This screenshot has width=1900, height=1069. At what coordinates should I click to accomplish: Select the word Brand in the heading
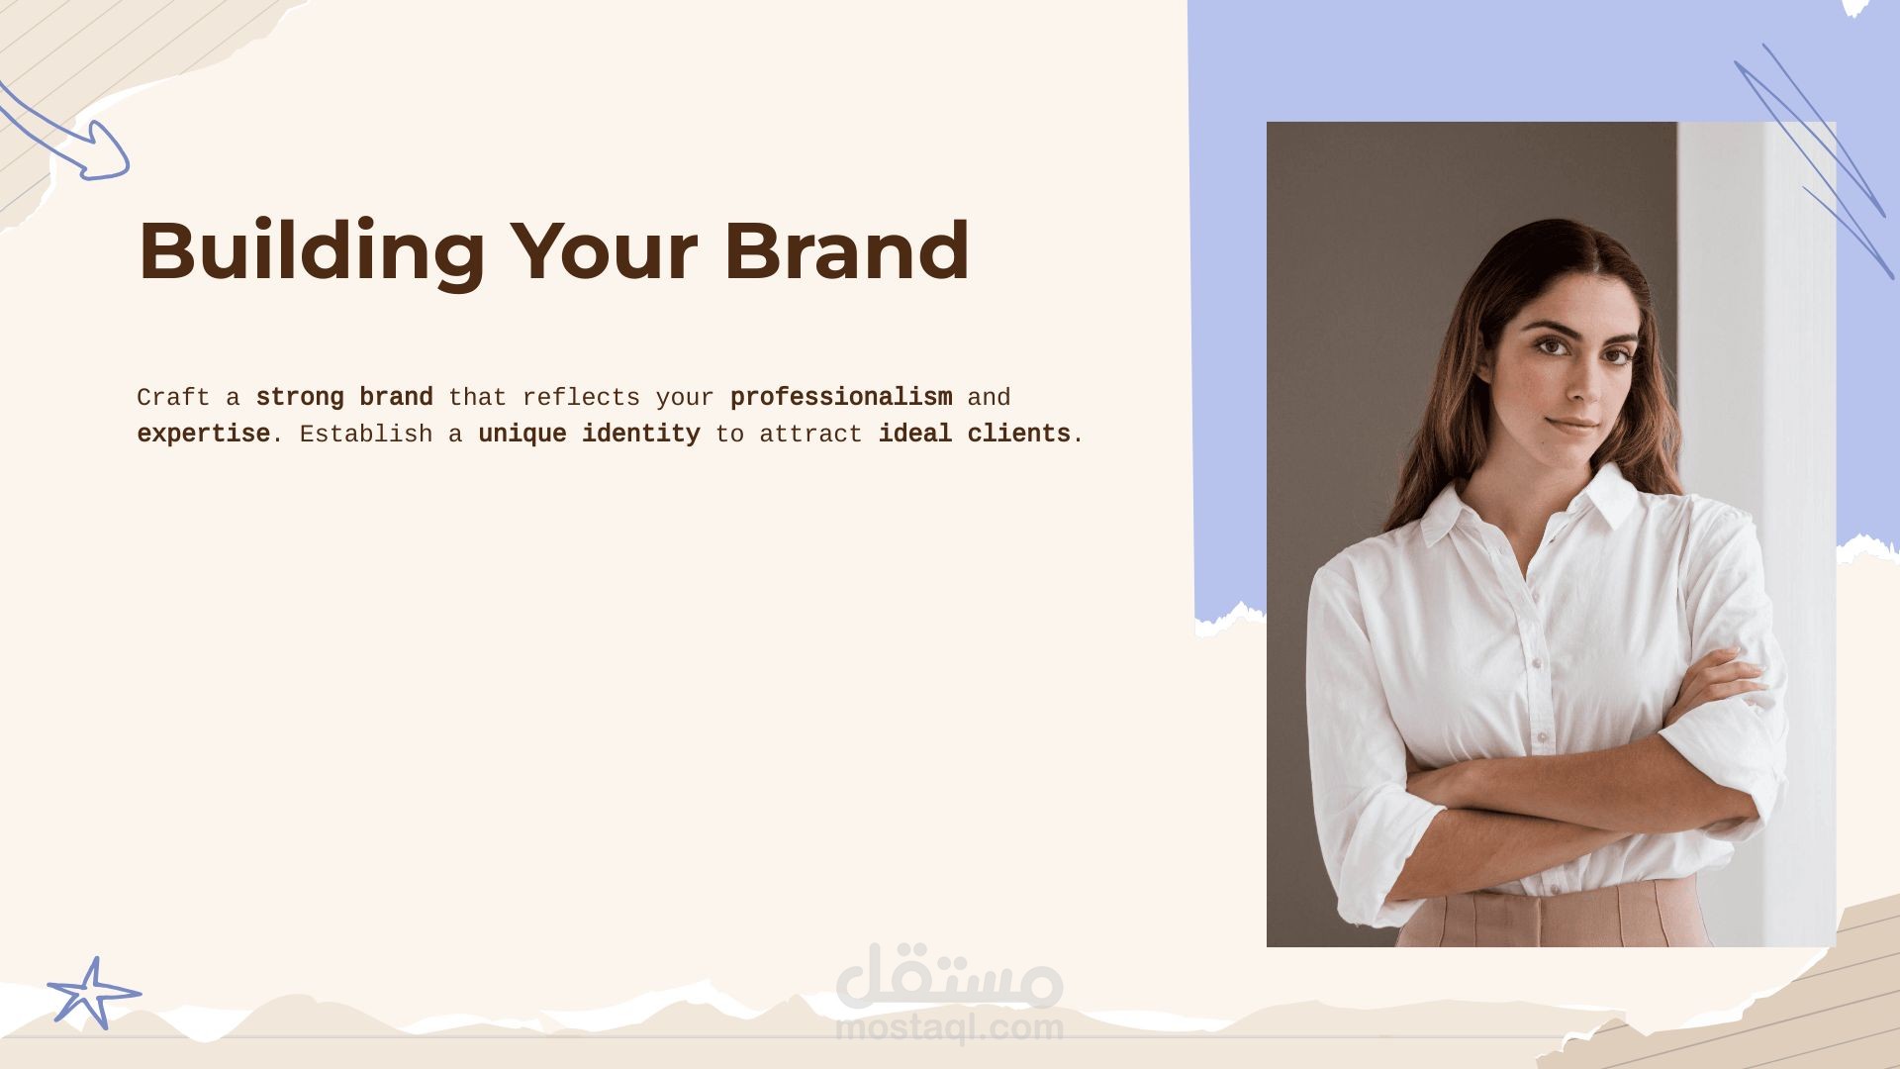846,250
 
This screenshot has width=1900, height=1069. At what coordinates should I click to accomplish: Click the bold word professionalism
841,398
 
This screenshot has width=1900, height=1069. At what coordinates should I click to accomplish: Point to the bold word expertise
204,435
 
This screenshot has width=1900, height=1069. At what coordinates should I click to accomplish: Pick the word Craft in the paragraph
173,398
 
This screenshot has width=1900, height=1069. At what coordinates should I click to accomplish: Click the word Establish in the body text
366,434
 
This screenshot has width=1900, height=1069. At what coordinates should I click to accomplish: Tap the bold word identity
640,435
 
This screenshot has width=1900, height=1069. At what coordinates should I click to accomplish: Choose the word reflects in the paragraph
581,398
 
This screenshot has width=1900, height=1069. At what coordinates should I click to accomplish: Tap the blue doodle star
93,993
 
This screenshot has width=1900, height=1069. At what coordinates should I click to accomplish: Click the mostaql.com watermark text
949,1028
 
